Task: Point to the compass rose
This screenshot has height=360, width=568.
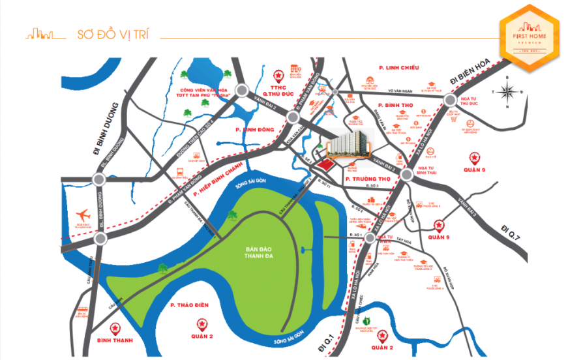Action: click(509, 92)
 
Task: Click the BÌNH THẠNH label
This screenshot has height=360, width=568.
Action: click(115, 340)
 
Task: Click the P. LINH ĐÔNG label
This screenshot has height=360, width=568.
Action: click(252, 130)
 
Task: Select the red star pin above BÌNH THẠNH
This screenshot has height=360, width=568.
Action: click(115, 327)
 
